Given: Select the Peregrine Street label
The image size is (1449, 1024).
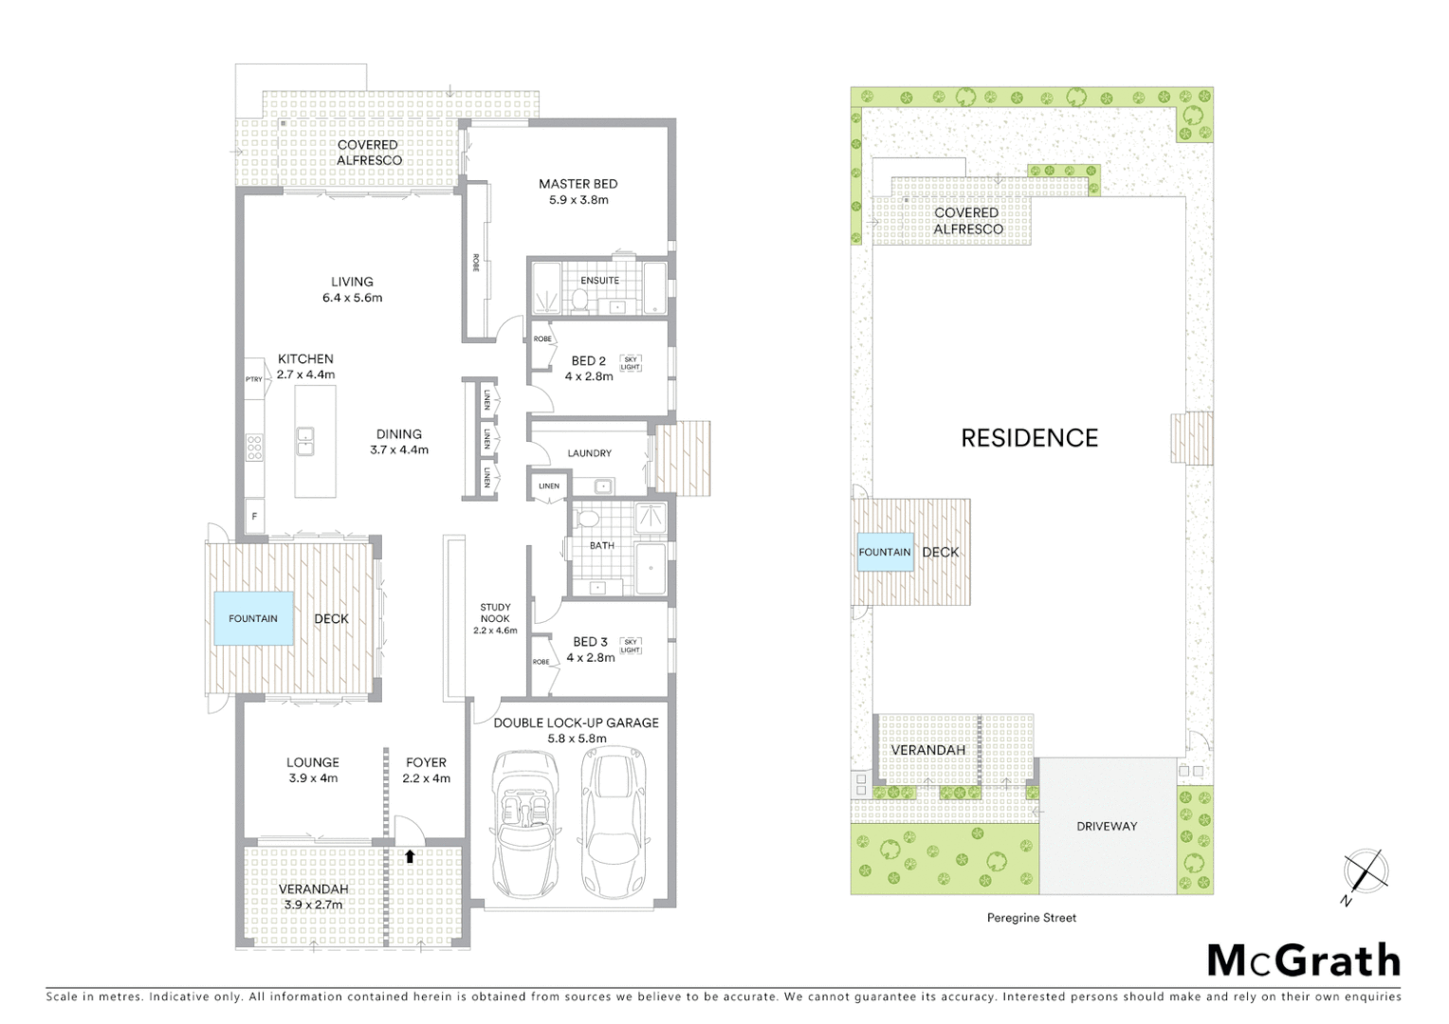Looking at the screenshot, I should click(1031, 918).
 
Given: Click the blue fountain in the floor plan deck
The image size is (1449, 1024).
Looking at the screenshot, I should click(253, 619).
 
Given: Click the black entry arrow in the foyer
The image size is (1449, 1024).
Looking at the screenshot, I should click(410, 856).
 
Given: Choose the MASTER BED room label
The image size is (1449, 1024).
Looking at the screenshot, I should click(578, 184).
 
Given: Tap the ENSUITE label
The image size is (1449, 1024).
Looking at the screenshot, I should click(599, 281).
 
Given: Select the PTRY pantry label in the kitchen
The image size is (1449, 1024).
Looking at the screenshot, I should click(253, 379).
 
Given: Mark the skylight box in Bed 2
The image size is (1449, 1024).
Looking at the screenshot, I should click(630, 363).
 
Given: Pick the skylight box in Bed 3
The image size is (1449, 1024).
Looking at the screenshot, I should click(630, 646).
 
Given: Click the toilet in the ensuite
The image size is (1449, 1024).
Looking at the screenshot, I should click(579, 300).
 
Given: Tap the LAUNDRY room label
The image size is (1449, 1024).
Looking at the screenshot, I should click(589, 453).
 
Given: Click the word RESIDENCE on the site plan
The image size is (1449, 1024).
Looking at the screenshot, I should click(1029, 438).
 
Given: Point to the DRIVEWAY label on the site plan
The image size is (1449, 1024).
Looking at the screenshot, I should click(1106, 826).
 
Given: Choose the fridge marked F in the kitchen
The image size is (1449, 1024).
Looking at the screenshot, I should click(253, 518).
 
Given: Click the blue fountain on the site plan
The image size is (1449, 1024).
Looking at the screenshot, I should click(884, 552).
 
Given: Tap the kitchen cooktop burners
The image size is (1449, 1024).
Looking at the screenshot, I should click(254, 446).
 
